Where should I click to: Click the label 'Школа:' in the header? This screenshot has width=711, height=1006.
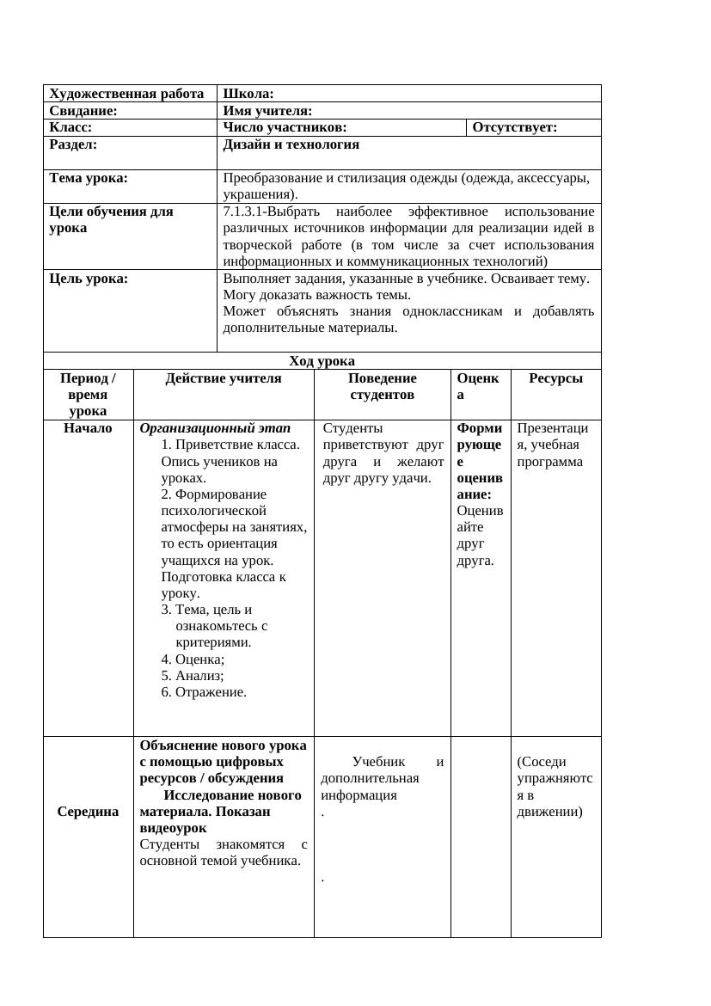(248, 94)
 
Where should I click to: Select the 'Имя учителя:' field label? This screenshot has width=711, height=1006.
(267, 111)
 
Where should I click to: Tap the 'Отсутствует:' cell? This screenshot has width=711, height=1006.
(515, 128)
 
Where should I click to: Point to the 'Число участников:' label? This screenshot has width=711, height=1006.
(285, 128)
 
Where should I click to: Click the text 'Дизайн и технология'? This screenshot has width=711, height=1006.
(291, 145)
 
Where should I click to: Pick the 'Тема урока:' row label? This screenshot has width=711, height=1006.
(89, 179)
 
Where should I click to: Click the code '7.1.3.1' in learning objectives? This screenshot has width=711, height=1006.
(243, 212)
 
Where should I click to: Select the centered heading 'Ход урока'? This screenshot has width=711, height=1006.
(322, 361)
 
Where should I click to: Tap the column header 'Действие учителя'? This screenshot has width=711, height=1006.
(224, 378)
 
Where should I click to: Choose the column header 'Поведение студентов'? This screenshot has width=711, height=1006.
(382, 386)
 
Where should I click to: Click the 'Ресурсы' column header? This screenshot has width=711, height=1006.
(555, 378)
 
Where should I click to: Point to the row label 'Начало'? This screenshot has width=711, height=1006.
(88, 428)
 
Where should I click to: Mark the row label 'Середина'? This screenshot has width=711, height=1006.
(88, 812)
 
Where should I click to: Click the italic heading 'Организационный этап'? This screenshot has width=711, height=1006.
(215, 428)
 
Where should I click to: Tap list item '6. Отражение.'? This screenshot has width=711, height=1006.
(204, 692)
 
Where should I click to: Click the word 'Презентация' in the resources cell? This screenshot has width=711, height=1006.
(553, 436)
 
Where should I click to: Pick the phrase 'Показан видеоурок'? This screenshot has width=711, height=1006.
(205, 819)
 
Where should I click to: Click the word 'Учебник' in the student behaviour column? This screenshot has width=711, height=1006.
(379, 762)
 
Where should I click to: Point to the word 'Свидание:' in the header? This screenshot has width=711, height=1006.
(83, 111)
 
